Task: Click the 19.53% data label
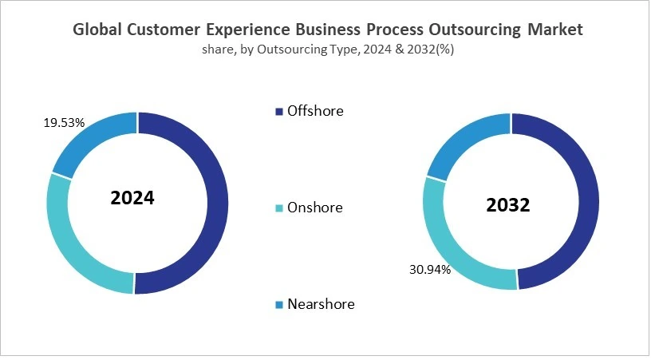pyautogui.click(x=64, y=123)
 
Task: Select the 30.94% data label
pyautogui.click(x=429, y=270)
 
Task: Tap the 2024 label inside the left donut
pyautogui.click(x=132, y=198)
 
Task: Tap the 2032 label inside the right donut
pyautogui.click(x=508, y=205)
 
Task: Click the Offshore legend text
pyautogui.click(x=315, y=111)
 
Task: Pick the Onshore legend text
pyautogui.click(x=314, y=208)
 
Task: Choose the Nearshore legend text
pyautogui.click(x=321, y=304)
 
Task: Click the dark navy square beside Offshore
pyautogui.click(x=278, y=112)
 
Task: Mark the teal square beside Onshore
pyautogui.click(x=278, y=208)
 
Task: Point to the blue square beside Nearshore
pyautogui.click(x=278, y=305)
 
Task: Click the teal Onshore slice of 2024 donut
pyautogui.click(x=68, y=239)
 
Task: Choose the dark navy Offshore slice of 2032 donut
pyautogui.click(x=586, y=200)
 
